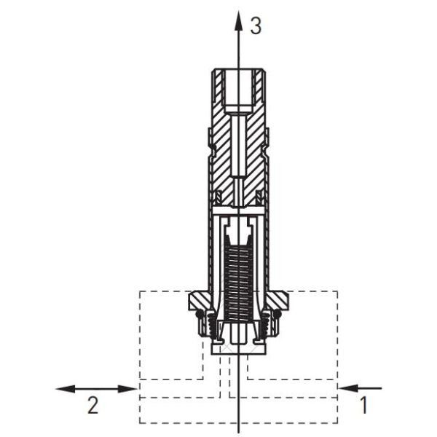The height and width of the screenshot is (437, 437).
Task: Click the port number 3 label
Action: (x=256, y=26)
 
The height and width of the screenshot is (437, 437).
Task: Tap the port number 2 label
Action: (x=92, y=405)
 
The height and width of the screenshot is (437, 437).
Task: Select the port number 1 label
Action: (x=363, y=405)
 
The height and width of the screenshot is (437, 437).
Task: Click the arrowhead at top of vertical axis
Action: (x=238, y=20)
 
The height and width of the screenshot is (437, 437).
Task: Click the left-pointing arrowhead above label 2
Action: (x=66, y=389)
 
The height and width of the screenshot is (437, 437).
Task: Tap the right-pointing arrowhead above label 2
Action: (x=127, y=389)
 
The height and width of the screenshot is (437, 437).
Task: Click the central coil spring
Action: (x=238, y=281)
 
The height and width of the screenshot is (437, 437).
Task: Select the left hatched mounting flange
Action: (x=200, y=300)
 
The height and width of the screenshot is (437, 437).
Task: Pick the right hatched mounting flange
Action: (x=277, y=300)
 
